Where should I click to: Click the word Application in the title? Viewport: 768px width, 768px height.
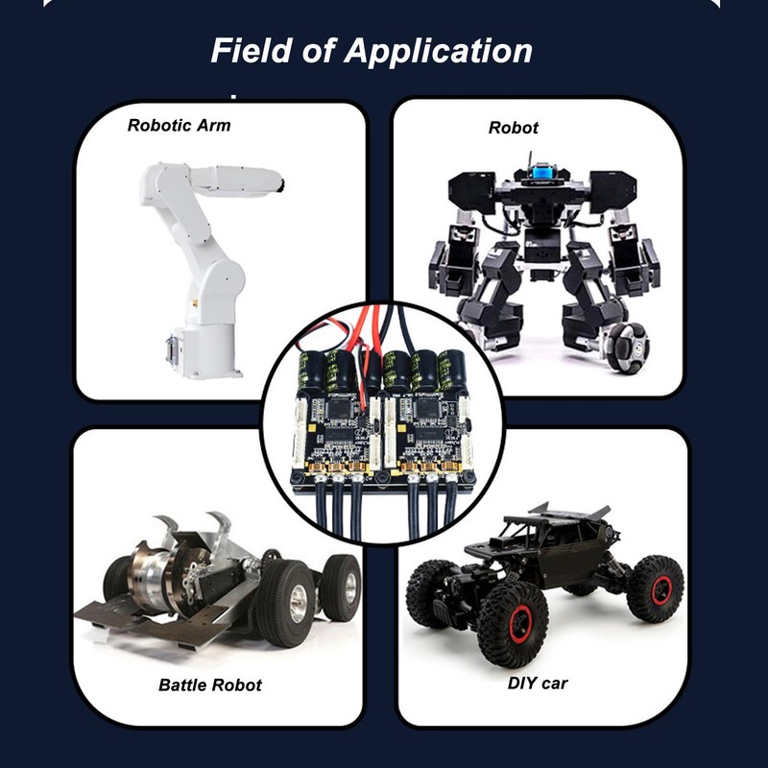pos(438,50)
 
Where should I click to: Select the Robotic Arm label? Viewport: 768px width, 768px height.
pos(179,125)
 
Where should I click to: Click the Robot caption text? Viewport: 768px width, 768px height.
pos(514,127)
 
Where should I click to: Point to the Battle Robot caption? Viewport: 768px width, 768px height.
pos(209,684)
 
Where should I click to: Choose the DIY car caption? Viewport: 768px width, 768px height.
pos(538,683)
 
